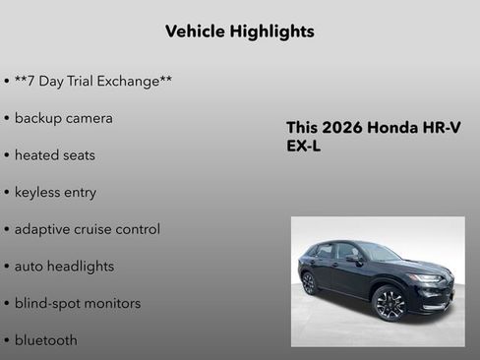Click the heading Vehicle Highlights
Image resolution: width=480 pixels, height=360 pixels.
point(240,31)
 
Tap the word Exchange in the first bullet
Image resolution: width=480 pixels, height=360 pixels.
point(137,81)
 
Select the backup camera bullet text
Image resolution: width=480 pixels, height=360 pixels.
point(63,118)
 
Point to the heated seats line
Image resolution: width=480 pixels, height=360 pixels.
point(54,155)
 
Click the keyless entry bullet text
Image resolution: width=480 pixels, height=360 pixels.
point(55,192)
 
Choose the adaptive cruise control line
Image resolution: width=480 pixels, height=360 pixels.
point(87,229)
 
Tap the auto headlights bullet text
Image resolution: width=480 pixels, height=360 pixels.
point(64,266)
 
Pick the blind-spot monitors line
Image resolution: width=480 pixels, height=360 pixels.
point(77,303)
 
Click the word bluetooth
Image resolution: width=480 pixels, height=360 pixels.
point(45,340)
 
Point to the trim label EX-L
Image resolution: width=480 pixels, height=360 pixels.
point(303,146)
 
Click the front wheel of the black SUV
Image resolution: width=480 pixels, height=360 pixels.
point(390,303)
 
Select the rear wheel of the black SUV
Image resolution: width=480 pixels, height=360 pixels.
point(309,283)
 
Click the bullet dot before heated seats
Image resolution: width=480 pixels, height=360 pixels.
point(7,155)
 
